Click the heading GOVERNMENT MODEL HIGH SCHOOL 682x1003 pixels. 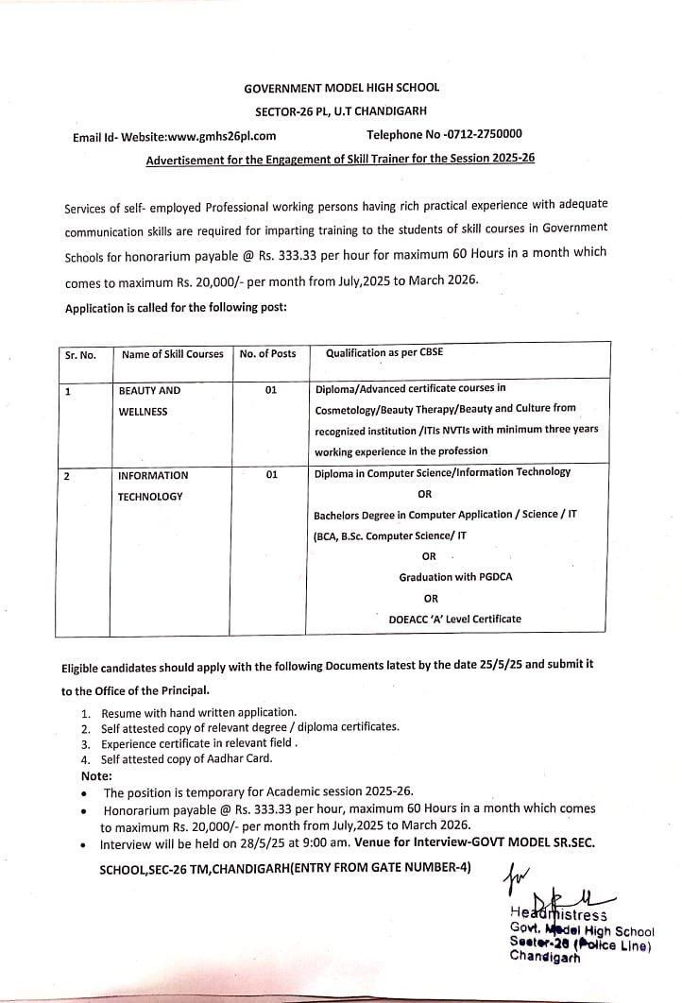pos(341,87)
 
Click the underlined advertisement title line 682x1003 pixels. pos(340,159)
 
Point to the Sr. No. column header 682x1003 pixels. pos(80,355)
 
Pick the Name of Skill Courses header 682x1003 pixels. pos(172,354)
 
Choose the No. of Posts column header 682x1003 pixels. pos(268,354)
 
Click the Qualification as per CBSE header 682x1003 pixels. pos(384,353)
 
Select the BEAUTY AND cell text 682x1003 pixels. pos(149,390)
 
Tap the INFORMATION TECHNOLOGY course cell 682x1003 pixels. pos(152,485)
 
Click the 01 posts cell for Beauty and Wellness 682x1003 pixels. pos(271,390)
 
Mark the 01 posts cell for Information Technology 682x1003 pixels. pos(271,475)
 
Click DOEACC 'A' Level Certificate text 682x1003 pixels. pos(454,620)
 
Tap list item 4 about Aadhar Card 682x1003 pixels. pos(185,759)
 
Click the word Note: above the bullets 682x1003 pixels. pos(96,775)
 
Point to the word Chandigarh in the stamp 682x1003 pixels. pos(545,956)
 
